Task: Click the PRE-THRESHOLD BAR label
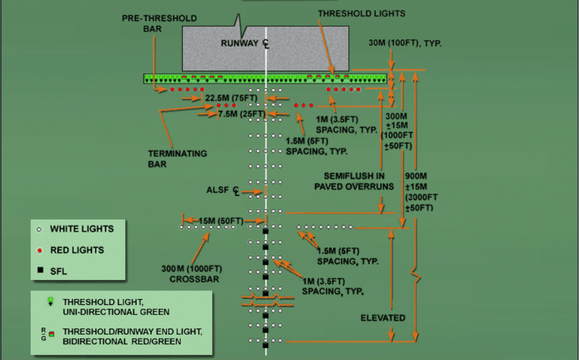click(x=159, y=23)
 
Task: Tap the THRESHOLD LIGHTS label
click(x=362, y=14)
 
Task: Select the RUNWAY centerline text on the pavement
click(x=245, y=44)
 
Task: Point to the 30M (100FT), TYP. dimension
click(x=405, y=43)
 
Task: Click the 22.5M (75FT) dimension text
click(x=231, y=98)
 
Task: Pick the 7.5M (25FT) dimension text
click(x=242, y=114)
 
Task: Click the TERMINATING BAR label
click(x=177, y=159)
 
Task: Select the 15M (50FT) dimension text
click(x=221, y=221)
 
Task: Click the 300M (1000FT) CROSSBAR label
click(x=192, y=273)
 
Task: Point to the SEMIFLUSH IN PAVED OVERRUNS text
click(x=354, y=182)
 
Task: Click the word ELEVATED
click(x=383, y=318)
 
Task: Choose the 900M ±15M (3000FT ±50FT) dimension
click(x=421, y=192)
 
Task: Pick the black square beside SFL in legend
click(x=41, y=270)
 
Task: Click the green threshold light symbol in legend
click(x=51, y=302)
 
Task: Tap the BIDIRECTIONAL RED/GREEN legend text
click(x=122, y=341)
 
